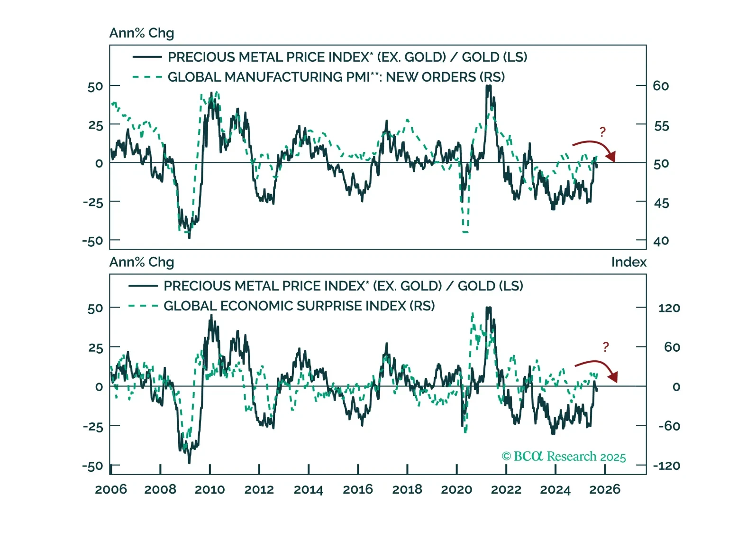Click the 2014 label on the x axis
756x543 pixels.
308,489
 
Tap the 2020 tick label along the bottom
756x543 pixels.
456,489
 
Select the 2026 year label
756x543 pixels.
604,489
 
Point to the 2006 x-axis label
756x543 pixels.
111,489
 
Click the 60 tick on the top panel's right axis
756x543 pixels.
661,86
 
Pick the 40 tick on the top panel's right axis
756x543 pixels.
661,241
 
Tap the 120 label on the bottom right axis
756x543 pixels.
669,308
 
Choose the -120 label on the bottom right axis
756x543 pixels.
666,466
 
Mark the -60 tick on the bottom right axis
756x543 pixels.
669,426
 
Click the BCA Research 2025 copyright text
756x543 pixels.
564,457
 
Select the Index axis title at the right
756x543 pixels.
628,262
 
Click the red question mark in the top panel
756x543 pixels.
602,132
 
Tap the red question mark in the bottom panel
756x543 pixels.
605,347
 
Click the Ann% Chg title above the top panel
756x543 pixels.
142,33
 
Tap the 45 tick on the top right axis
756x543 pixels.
661,203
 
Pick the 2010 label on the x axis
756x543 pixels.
209,489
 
